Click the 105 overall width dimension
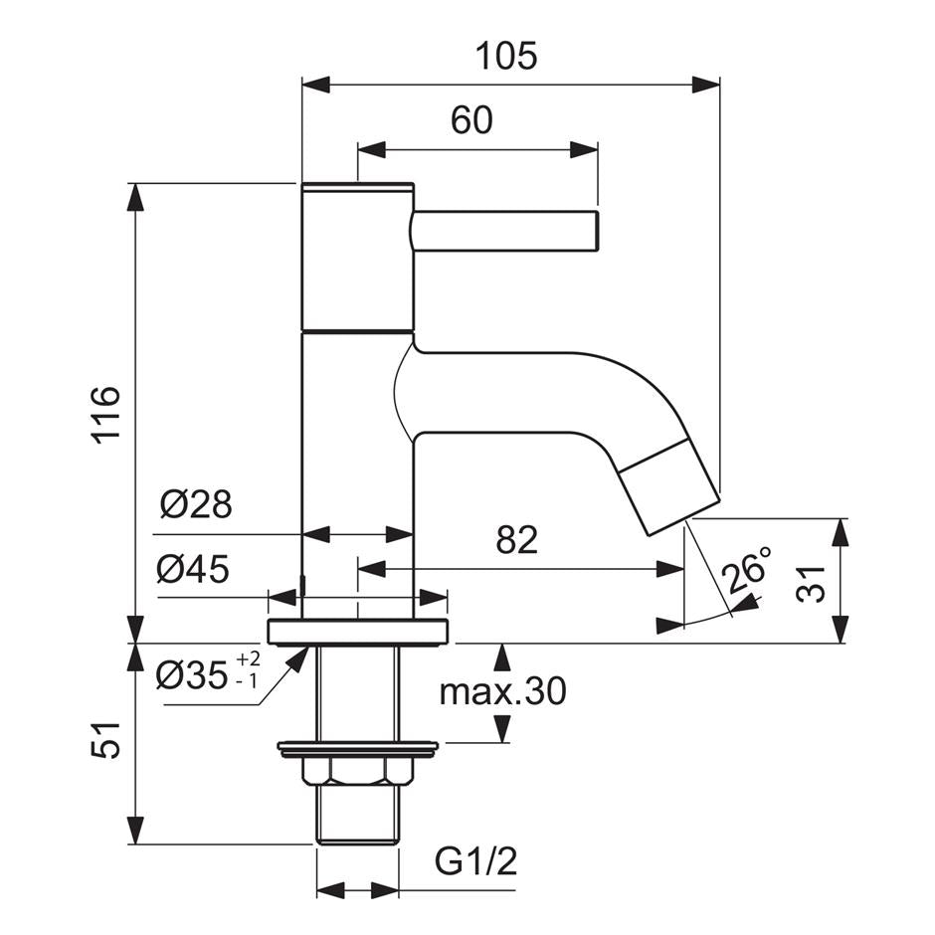point(509,56)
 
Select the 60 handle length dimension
point(471,120)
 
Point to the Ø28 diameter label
point(196,505)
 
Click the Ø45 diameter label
point(193,570)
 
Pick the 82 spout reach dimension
point(516,540)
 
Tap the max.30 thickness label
point(502,691)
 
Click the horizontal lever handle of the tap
point(503,231)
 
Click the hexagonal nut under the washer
point(357,771)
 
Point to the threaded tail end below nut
point(357,815)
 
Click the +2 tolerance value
point(249,658)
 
